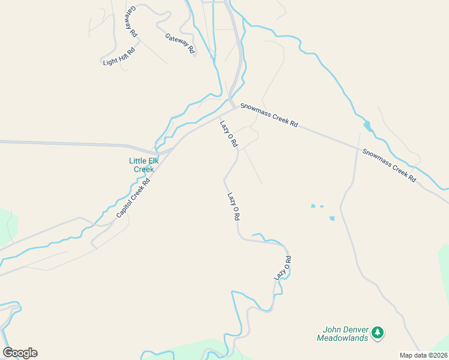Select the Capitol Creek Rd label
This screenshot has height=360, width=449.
tap(133, 196)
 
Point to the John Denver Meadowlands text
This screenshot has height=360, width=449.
tap(345, 334)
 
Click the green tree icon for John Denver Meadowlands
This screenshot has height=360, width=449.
tap(377, 331)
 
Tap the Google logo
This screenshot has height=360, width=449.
tap(20, 353)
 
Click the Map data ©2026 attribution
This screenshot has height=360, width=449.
tap(423, 355)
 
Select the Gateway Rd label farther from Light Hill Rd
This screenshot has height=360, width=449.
tap(181, 44)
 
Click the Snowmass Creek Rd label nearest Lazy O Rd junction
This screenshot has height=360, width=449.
tap(269, 115)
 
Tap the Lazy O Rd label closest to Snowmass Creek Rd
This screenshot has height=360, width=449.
tap(229, 134)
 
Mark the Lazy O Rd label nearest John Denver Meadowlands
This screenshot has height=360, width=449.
tap(283, 268)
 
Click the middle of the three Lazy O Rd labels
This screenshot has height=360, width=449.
tap(234, 206)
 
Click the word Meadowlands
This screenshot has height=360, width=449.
tap(345, 338)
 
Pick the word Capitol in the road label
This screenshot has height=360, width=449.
tap(123, 208)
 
